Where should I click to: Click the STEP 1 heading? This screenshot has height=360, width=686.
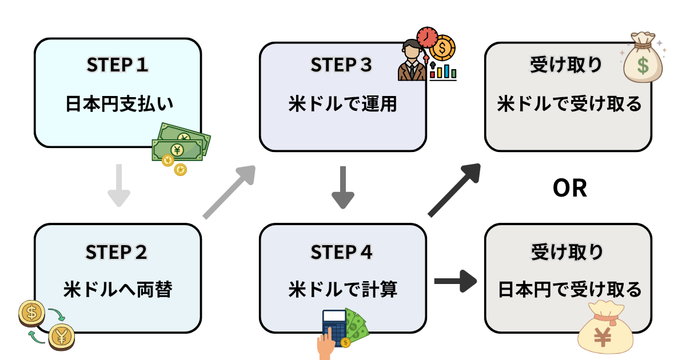118,65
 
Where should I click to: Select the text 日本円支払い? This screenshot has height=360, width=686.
119,103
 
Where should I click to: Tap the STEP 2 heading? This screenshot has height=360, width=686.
117,252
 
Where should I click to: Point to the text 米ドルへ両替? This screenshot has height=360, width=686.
118,289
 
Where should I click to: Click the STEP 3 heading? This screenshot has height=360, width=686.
341,65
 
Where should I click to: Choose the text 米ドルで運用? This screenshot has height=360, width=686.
342,103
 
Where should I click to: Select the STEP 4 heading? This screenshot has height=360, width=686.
341,252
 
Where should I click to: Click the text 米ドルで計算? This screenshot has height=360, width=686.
342,289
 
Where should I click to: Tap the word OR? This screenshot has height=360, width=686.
570,188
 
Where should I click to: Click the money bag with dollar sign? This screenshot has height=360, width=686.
643,58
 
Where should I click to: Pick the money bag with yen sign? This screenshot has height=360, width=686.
605,327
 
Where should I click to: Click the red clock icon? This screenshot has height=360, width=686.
427,37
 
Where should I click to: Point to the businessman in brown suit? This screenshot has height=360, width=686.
412,60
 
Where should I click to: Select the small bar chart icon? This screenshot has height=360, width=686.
443,71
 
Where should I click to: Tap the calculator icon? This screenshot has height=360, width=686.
334,328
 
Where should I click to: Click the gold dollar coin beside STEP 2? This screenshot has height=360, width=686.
31,313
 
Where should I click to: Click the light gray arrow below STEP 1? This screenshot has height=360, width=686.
119,186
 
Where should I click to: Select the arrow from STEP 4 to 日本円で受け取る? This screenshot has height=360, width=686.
456,281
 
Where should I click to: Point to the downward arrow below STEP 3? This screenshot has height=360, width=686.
343,187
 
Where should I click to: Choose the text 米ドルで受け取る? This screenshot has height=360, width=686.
569,103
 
